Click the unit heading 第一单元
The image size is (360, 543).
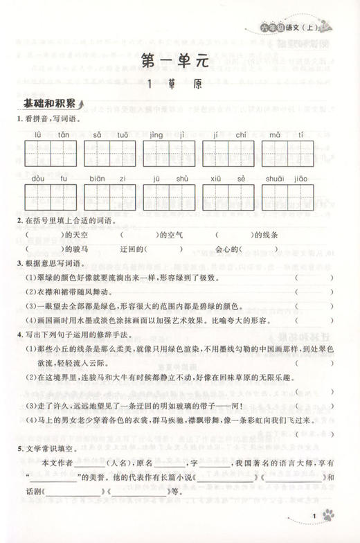[179, 61]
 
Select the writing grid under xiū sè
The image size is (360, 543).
[226, 197]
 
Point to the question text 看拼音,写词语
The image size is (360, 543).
[51, 118]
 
